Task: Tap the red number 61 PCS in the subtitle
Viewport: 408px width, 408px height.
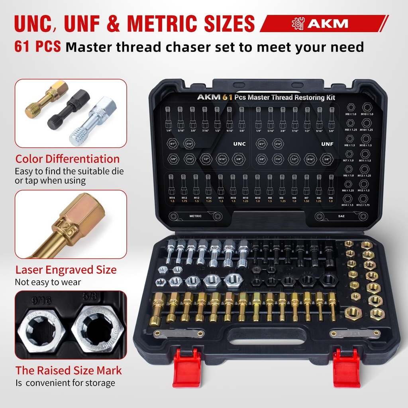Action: coord(37,47)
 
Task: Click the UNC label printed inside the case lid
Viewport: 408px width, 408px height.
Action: coord(239,144)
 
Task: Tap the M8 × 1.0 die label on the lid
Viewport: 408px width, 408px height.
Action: coord(349,114)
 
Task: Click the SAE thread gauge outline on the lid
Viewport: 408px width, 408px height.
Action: coord(341,216)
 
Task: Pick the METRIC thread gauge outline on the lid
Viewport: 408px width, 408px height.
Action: coord(195,216)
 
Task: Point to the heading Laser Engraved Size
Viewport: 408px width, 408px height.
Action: coord(66,270)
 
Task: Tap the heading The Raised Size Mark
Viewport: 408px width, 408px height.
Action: coord(69,370)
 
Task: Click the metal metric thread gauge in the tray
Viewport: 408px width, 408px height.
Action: coord(179,333)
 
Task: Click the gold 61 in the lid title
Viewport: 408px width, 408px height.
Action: coord(226,97)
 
